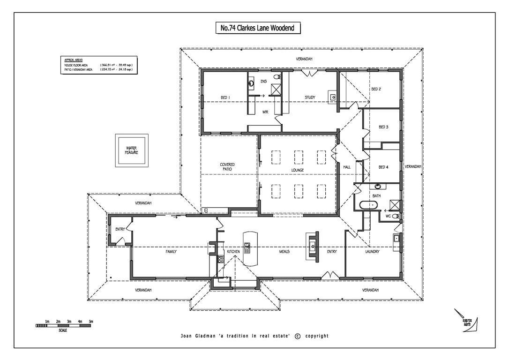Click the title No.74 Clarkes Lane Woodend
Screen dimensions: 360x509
257,28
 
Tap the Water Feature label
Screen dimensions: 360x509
132,150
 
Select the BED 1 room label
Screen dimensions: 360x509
225,97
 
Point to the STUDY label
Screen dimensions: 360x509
310,97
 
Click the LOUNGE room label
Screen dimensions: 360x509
297,170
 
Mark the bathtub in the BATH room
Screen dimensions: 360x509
368,205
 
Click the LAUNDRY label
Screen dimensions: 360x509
372,252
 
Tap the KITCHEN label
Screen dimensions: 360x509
233,252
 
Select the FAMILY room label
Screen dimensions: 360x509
171,252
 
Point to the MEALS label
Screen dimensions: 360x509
284,252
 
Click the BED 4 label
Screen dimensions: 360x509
383,167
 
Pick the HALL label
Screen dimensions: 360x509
347,167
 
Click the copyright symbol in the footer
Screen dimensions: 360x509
297,336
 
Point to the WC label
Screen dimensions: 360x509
388,216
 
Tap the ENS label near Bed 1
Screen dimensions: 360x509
263,82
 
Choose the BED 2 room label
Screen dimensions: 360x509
376,89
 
